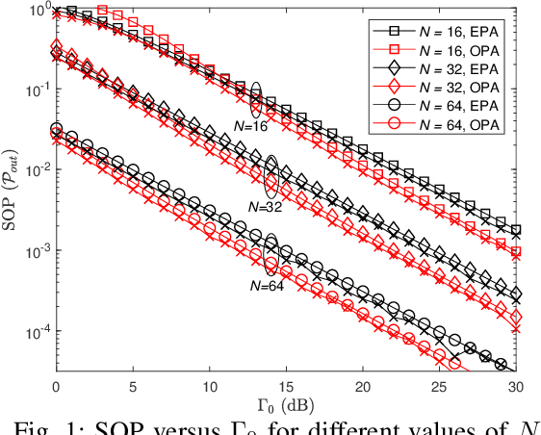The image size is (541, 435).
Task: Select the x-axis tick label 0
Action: (55, 385)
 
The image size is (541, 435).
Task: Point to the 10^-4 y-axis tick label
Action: (36, 333)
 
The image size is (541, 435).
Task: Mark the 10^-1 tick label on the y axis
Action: (36, 90)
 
